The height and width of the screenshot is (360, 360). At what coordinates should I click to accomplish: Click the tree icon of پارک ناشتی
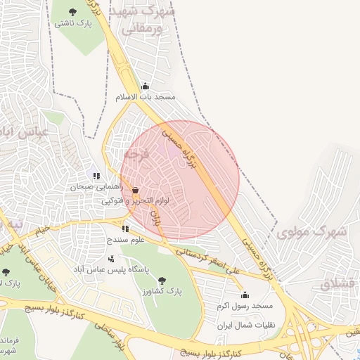pos(74,11)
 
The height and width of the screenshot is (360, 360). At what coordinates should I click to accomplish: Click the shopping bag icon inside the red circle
pos(135,190)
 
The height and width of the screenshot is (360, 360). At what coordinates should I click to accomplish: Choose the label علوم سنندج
pos(125,240)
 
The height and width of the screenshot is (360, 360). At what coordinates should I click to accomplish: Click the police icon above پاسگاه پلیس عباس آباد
pos(111,259)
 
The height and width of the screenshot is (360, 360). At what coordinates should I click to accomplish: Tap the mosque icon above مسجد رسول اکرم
pos(245,295)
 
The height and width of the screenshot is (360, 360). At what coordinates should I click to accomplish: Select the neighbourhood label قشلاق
pos(339,283)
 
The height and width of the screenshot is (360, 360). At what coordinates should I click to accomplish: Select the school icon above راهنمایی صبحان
pos(96,176)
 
